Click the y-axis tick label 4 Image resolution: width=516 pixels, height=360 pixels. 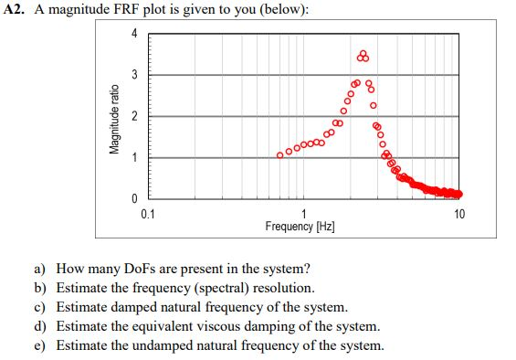[133, 34]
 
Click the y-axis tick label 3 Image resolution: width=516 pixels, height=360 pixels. [133, 74]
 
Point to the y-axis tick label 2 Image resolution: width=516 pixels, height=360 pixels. [133, 116]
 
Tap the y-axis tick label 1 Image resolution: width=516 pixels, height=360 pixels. [133, 157]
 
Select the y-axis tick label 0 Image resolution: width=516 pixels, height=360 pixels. [133, 198]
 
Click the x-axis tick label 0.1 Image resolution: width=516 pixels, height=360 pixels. [148, 214]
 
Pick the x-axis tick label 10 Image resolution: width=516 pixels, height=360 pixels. [458, 214]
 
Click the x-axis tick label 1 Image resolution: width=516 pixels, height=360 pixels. [304, 214]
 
